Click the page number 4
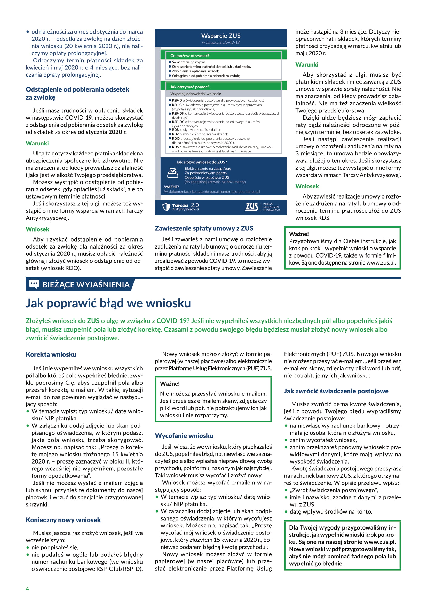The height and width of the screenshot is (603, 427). tap(27, 589)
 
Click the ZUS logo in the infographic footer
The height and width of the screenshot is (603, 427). tap(252, 207)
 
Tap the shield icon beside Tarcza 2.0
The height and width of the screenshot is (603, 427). tap(166, 207)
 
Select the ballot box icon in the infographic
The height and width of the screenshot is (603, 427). tap(172, 173)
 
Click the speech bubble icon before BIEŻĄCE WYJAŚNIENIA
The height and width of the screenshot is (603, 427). tap(34, 284)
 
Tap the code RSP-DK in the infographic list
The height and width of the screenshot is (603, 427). tap(178, 113)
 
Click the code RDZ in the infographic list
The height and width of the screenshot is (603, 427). tap(176, 134)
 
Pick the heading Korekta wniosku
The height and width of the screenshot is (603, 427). tap(51, 354)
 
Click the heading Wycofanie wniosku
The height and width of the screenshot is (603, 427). tap(184, 436)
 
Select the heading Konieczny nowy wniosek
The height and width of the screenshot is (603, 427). tap(63, 520)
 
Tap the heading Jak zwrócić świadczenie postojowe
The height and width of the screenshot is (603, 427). tap(336, 391)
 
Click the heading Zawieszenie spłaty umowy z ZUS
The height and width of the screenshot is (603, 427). tap(204, 228)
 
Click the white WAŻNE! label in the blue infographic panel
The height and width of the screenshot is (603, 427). tap(171, 187)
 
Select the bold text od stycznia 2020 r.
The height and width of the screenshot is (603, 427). tap(102, 132)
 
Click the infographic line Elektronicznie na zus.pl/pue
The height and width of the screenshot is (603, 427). tap(208, 169)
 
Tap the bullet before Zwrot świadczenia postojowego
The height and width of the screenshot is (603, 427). tap(286, 490)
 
